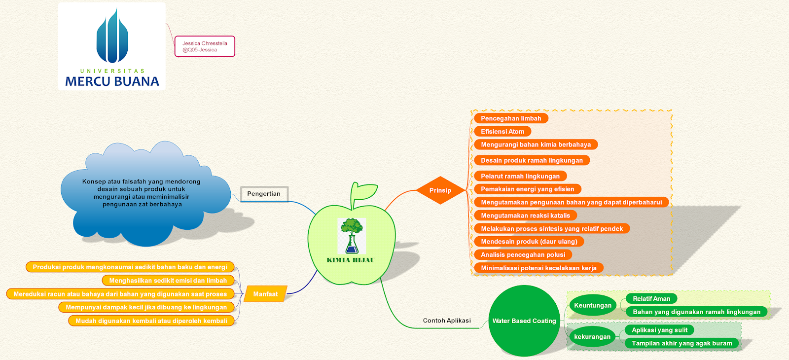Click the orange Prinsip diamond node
pyautogui.click(x=440, y=190)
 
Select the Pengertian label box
pyautogui.click(x=264, y=194)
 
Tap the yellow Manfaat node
pyautogui.click(x=265, y=294)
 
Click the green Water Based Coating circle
pyautogui.click(x=524, y=321)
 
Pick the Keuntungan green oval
pyautogui.click(x=593, y=305)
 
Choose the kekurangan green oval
pyautogui.click(x=592, y=337)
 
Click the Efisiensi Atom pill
pyautogui.click(x=502, y=132)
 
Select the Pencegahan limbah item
pyautogui.click(x=511, y=118)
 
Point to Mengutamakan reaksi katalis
pyautogui.click(x=525, y=216)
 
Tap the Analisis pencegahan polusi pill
pyautogui.click(x=523, y=255)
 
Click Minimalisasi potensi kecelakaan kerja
pyautogui.click(x=538, y=268)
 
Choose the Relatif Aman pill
pyautogui.click(x=651, y=298)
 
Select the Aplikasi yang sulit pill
pyautogui.click(x=659, y=330)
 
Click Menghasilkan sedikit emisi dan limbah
pyautogui.click(x=168, y=281)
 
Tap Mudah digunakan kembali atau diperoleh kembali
pyautogui.click(x=151, y=321)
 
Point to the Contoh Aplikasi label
pyautogui.click(x=447, y=321)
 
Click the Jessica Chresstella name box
pyautogui.click(x=205, y=46)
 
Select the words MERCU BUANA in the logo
pyautogui.click(x=112, y=81)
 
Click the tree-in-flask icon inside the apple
pyautogui.click(x=352, y=236)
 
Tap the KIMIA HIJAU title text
pyautogui.click(x=351, y=260)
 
